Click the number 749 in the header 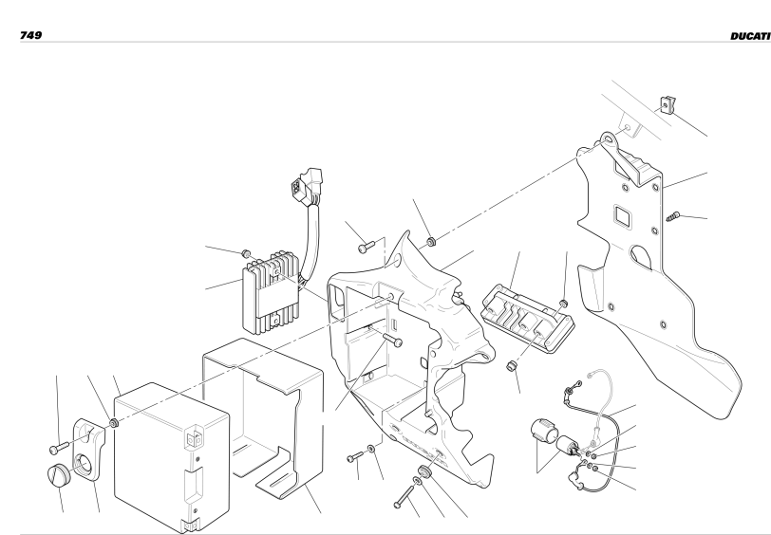(30, 35)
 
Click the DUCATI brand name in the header (750, 36)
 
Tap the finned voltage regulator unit (271, 292)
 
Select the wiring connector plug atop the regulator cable (307, 186)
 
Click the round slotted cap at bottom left (59, 475)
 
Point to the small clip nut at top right (668, 104)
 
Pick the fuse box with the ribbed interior (527, 319)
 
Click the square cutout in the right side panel (623, 216)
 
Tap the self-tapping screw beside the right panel (672, 216)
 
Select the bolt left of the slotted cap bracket (60, 448)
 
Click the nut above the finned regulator (246, 253)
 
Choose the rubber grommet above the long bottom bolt (424, 471)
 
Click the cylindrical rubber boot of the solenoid (544, 431)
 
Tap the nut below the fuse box (512, 366)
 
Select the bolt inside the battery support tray (392, 339)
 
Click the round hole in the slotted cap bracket (83, 464)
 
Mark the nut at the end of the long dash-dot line (114, 423)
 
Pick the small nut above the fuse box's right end (563, 304)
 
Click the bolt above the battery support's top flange (367, 247)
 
